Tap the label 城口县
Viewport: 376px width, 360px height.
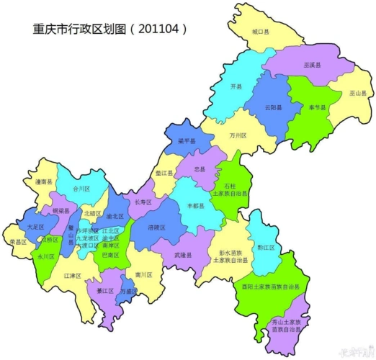[x=260, y=33]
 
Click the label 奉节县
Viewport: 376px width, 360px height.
[x=317, y=107]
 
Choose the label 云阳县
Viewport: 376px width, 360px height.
[x=273, y=107]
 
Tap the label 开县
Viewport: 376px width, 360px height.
[x=236, y=86]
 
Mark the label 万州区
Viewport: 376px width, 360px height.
[x=238, y=135]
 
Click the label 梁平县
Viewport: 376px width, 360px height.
[x=187, y=141]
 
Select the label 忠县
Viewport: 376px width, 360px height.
[x=200, y=168]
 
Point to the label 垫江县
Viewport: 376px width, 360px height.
[x=164, y=174]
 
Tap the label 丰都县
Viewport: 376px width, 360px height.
[x=196, y=206]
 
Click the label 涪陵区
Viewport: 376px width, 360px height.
[x=156, y=227]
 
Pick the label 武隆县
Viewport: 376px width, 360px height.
[x=183, y=255]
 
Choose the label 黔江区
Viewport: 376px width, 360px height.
[x=267, y=247]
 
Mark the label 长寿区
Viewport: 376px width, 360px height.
[x=143, y=202]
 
